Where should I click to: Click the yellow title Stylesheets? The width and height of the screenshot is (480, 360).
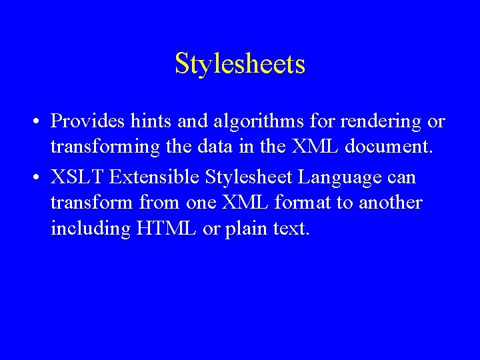point(240,64)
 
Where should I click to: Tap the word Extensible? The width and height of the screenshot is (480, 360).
point(155,178)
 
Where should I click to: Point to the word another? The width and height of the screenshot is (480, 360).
point(390,203)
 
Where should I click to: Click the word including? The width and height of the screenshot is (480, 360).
point(91,229)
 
